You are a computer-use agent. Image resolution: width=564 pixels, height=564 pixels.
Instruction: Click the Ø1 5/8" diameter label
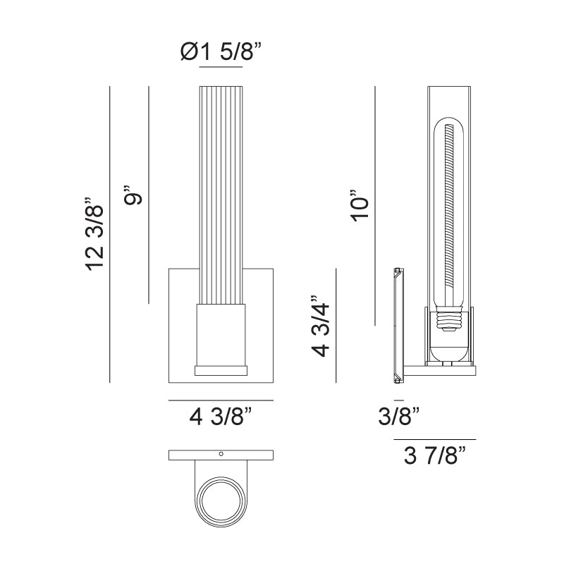(221, 51)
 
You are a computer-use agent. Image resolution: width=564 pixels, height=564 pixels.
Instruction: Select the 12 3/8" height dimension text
(94, 234)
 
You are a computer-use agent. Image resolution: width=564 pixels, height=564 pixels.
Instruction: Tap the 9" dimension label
(133, 195)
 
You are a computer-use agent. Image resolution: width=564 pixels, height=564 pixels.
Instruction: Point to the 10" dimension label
(360, 204)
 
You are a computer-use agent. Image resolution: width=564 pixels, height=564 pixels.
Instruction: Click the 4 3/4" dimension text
(320, 326)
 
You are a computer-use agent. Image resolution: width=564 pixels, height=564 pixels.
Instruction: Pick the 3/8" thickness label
(398, 417)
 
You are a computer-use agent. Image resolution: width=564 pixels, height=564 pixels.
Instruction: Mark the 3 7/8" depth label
(434, 455)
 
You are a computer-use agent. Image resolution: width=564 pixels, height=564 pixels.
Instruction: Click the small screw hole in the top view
(221, 454)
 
